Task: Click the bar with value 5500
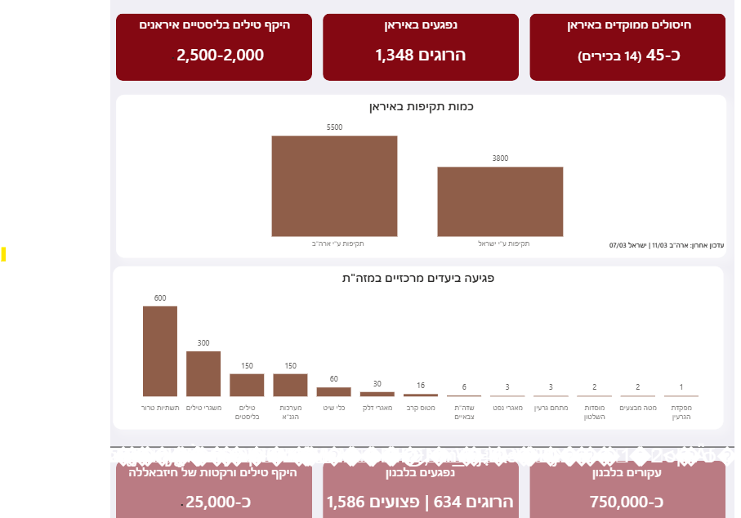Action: pyautogui.click(x=334, y=185)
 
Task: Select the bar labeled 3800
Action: pyautogui.click(x=500, y=201)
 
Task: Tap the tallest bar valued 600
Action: pyautogui.click(x=160, y=351)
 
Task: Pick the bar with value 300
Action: pyautogui.click(x=203, y=373)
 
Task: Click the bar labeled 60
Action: pyautogui.click(x=333, y=391)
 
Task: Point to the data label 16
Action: pyautogui.click(x=420, y=385)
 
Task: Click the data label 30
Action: pyautogui.click(x=377, y=383)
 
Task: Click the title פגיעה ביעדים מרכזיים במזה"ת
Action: pyautogui.click(x=418, y=279)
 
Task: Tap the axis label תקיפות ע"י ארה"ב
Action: pyautogui.click(x=334, y=243)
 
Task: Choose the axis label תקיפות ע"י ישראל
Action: pyautogui.click(x=500, y=243)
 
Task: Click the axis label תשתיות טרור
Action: pyautogui.click(x=160, y=407)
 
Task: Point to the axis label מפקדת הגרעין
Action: pyautogui.click(x=681, y=412)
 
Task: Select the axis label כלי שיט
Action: pyautogui.click(x=333, y=407)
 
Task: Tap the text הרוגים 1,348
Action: pyautogui.click(x=420, y=56)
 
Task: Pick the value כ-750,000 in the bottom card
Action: pyautogui.click(x=627, y=501)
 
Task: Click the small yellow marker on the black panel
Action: pyautogui.click(x=3, y=254)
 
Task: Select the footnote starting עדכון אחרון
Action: pyautogui.click(x=667, y=244)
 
